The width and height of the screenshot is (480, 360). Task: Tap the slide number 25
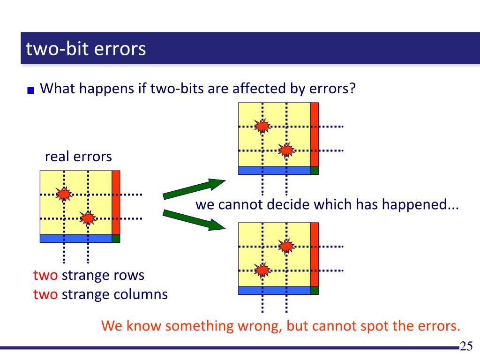coord(466,346)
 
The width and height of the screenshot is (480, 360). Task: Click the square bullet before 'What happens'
coord(31,90)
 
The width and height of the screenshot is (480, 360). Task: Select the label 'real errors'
coord(78,156)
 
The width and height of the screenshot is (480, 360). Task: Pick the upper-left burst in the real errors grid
coord(64,194)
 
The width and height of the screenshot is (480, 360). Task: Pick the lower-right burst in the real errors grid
coord(88,218)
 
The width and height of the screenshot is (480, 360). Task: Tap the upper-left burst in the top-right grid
coord(262,126)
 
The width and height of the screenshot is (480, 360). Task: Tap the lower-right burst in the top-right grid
coord(286,150)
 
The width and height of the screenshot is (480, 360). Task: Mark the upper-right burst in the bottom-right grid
coord(286,246)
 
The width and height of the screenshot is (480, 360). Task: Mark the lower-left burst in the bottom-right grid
coord(262,270)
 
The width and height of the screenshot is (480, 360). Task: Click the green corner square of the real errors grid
coord(116,238)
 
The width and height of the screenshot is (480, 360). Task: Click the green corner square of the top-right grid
coord(315,171)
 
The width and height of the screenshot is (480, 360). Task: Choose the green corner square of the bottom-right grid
coord(315,290)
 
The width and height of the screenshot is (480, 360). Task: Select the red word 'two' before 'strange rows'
coord(45,275)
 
